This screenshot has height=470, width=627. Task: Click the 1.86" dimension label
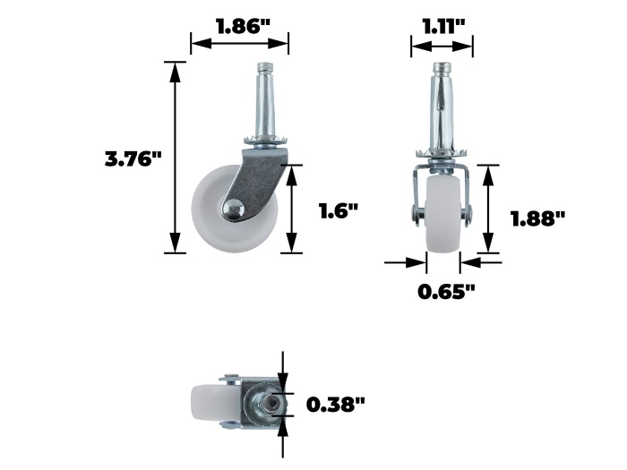point(243,26)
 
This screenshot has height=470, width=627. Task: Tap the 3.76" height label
point(133,158)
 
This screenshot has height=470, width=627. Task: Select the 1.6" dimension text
point(339,210)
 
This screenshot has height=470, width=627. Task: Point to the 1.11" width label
point(444,27)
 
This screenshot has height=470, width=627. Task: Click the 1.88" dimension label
point(538,218)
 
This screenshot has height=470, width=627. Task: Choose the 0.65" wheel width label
point(446,292)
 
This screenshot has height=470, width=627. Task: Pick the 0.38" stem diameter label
point(336,405)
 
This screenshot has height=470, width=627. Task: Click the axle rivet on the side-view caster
point(232,209)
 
